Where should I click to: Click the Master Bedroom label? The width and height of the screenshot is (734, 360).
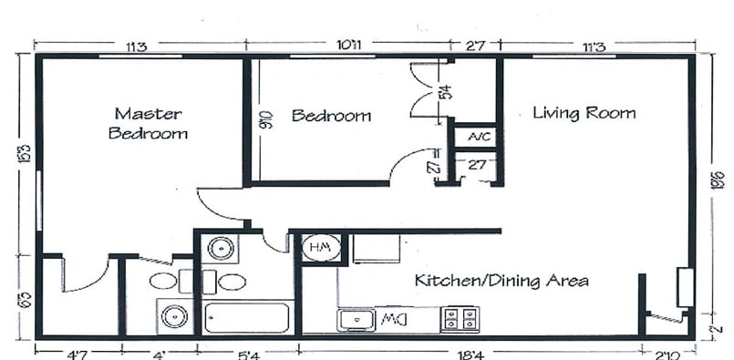(x=149, y=123)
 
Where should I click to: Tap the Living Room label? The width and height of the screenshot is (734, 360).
(x=584, y=113)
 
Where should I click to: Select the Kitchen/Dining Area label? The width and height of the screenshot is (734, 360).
(x=501, y=280)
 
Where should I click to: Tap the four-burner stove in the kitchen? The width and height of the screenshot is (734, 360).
(x=460, y=319)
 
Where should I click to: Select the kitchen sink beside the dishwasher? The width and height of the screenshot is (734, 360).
(x=356, y=319)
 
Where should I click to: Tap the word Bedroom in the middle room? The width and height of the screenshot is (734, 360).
(x=331, y=116)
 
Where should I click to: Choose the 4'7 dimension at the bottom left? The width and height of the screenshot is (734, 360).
(x=67, y=349)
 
